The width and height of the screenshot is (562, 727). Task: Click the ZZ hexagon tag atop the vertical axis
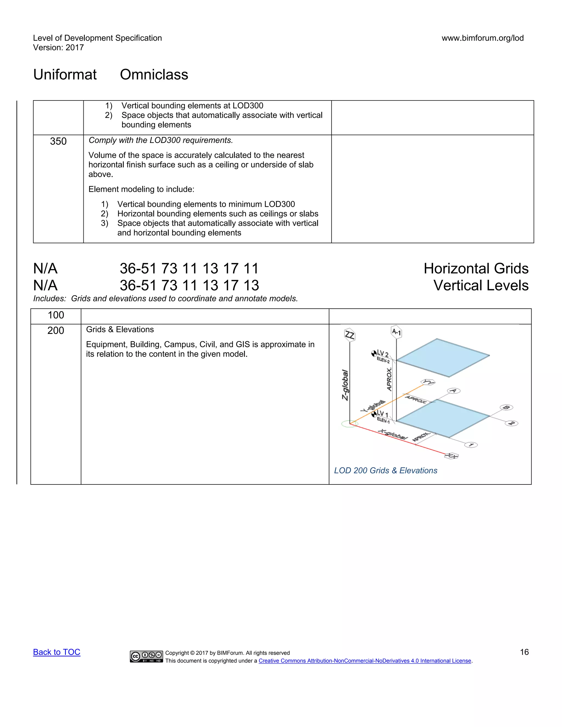tap(350, 335)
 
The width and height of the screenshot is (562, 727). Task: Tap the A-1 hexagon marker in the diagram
tap(396, 332)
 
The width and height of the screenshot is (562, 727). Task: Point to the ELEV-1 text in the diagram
tap(383, 420)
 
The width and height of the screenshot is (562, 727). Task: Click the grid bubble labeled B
tap(506, 407)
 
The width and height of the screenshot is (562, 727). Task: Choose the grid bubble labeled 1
tap(471, 445)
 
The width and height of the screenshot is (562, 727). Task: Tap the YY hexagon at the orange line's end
tap(428, 382)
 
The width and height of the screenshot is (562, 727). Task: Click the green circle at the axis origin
tap(350, 424)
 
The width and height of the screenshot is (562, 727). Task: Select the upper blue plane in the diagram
tap(443, 358)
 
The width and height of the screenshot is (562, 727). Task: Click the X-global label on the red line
tap(393, 434)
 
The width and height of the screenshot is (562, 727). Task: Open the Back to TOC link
tap(57, 652)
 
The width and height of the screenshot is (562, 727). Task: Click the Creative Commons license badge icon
tap(146, 656)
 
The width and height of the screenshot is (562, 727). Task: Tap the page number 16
tap(524, 652)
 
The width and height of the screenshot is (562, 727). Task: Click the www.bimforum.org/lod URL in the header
tap(482, 38)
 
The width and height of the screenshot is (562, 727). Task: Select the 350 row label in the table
tap(58, 141)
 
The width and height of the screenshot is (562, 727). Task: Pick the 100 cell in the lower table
tap(56, 315)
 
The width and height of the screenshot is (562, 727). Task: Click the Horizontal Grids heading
tap(476, 268)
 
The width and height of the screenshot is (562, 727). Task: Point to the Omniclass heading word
tap(154, 75)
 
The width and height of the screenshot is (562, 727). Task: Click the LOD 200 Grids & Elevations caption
tap(386, 470)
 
